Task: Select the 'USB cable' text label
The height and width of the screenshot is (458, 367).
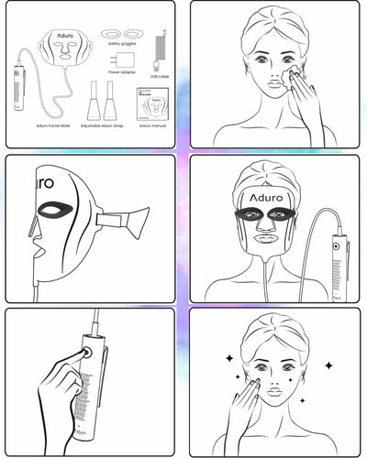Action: point(160,77)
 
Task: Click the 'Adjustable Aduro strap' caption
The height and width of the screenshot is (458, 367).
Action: point(103,125)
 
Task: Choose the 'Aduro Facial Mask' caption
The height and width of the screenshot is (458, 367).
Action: point(54,125)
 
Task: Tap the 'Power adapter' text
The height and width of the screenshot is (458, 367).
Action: point(121,71)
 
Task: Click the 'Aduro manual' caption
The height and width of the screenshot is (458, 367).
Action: point(150,125)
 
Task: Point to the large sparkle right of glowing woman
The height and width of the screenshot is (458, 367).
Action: point(328,365)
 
